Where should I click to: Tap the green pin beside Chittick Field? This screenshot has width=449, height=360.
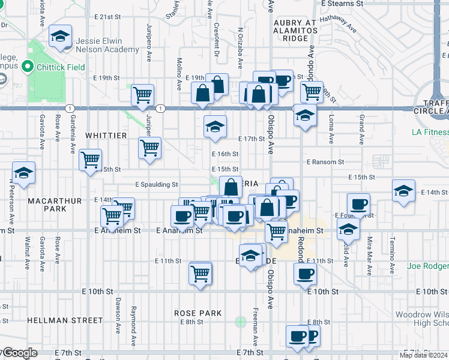coord(27,67)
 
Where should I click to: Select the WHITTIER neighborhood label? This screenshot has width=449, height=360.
coord(106,136)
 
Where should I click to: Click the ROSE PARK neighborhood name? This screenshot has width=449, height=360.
coord(198,313)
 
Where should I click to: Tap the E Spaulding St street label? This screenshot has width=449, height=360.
coord(156,185)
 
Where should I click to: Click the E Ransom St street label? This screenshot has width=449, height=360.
coord(325,162)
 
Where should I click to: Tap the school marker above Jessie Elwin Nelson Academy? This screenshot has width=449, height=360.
coord(60,36)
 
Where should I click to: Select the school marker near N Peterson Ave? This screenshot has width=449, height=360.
coord(23,173)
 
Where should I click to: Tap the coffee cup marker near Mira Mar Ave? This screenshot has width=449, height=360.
coord(358,203)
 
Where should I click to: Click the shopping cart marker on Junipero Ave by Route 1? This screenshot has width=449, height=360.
coord(142,94)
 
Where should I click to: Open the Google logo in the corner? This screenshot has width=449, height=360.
coord(19,353)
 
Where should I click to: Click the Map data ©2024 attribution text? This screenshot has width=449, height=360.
coord(424,356)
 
